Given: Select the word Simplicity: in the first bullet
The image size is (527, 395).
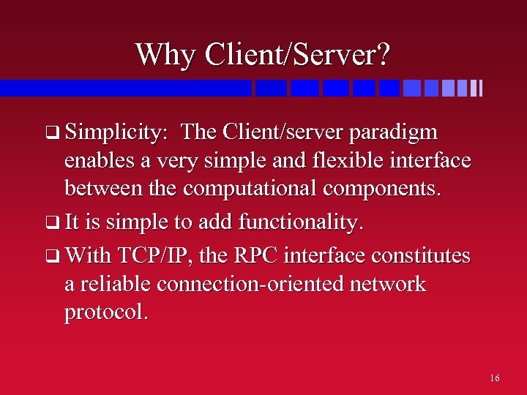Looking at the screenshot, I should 117,132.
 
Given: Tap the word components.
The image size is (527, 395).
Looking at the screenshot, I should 384,188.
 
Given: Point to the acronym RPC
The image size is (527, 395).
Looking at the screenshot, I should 252,257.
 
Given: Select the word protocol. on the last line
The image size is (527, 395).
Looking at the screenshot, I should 107,312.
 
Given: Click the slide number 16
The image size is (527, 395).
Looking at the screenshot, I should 495,378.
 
